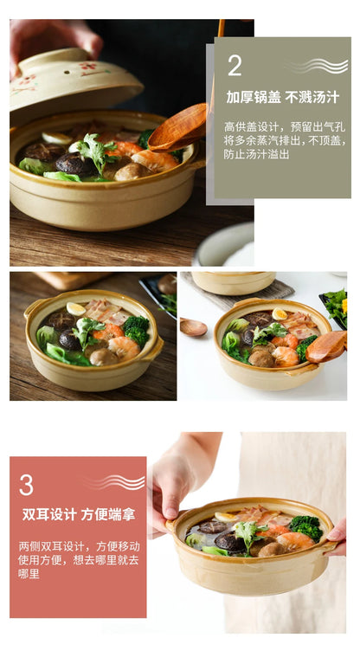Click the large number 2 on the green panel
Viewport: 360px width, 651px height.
(x=235, y=65)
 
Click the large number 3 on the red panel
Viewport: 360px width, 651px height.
(x=26, y=485)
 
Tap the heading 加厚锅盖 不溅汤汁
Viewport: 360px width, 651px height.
(x=283, y=98)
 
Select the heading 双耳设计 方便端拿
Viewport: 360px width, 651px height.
(x=79, y=514)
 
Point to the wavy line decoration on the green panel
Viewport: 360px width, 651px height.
(x=318, y=66)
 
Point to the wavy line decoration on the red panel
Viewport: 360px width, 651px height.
(x=114, y=482)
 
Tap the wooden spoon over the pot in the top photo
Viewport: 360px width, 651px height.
(x=177, y=126)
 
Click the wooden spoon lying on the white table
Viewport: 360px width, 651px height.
(x=194, y=326)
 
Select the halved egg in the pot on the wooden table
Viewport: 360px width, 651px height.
(x=76, y=309)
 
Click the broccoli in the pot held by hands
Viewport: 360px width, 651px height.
(x=306, y=528)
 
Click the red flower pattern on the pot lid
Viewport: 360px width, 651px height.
(x=88, y=67)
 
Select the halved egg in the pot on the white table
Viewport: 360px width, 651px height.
(x=280, y=314)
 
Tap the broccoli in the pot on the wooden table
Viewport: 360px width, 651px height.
(x=136, y=330)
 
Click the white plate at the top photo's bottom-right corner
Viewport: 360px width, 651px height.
(x=224, y=245)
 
